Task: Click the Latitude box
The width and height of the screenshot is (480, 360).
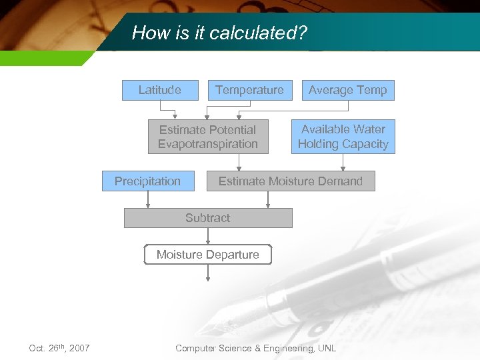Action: [160, 90]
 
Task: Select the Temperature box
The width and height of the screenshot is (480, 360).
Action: [249, 90]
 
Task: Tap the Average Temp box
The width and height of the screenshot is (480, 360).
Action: [347, 90]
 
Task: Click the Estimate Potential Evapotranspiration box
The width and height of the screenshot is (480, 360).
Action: [208, 137]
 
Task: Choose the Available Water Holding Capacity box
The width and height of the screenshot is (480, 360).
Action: [343, 137]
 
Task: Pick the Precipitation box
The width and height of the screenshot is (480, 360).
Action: [148, 181]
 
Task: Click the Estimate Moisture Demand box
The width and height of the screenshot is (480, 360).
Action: [291, 181]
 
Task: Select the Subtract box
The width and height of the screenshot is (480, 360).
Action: [208, 218]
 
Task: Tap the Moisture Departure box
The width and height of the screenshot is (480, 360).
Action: [208, 255]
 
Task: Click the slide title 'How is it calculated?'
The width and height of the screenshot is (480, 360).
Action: [219, 33]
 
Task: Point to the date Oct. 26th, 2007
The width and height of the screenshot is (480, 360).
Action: [59, 348]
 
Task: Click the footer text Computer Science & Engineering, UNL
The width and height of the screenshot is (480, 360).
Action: [255, 348]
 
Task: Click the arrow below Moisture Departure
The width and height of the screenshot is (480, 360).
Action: [208, 275]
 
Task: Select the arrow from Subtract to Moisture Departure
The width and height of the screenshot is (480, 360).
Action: [208, 236]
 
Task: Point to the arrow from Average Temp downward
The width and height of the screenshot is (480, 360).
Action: [343, 109]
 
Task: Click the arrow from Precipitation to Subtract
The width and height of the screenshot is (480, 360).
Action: [148, 199]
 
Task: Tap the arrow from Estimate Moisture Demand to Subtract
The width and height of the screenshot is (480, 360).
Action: [268, 199]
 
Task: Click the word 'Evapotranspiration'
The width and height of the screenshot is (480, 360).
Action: [208, 144]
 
